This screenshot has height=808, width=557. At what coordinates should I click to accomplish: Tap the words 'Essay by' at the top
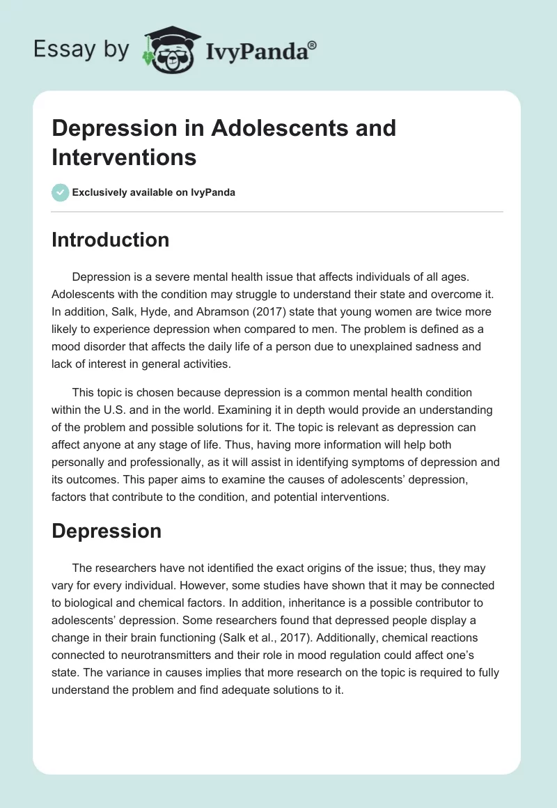81,49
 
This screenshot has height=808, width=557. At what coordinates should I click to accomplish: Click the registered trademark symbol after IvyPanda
313,46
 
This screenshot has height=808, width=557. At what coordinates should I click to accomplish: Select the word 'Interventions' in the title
124,157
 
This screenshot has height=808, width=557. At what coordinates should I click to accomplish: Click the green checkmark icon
61,192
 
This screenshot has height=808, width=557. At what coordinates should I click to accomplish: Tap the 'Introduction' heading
111,240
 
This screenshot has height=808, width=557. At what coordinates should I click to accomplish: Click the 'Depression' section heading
107,531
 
